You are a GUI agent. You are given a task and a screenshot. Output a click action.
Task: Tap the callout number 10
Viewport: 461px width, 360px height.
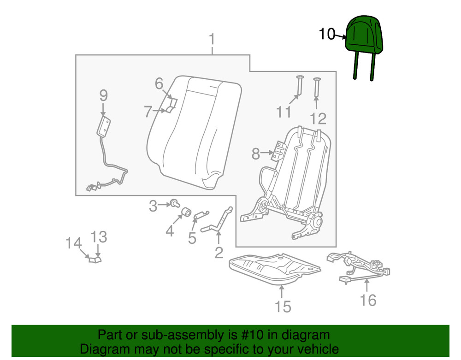(327, 34)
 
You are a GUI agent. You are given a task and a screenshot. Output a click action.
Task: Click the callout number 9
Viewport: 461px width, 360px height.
(103, 95)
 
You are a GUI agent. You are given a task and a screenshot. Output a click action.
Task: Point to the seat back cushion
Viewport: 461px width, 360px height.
(194, 132)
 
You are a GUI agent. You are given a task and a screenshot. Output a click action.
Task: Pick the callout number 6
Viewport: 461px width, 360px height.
(159, 84)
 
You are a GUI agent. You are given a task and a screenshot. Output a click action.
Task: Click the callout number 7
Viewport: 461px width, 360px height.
(148, 112)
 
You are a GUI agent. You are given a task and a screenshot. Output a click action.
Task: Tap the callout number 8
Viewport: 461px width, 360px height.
(255, 153)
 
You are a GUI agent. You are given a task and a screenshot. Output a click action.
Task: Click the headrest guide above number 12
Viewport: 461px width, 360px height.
(317, 87)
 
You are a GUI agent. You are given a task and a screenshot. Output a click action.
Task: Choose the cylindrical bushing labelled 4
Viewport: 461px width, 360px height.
(186, 212)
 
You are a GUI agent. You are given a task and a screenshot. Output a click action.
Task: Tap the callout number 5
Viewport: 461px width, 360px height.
(192, 238)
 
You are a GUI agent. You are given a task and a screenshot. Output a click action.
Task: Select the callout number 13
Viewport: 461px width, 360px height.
(99, 237)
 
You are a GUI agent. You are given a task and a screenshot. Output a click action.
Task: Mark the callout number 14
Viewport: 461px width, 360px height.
(73, 243)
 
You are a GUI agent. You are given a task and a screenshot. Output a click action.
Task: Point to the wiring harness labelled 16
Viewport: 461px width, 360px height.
(359, 267)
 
